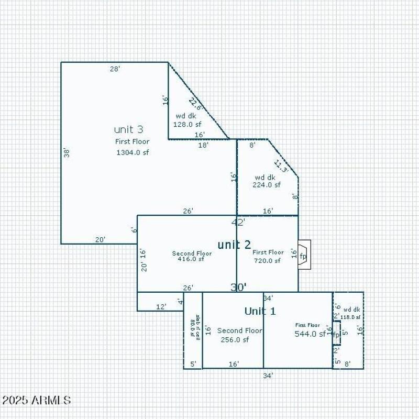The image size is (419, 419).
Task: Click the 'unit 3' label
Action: (128, 129)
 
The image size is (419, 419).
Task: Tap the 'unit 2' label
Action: (234, 245)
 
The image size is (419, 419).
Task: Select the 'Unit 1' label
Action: (260, 311)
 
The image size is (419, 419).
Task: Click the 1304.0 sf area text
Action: (133, 152)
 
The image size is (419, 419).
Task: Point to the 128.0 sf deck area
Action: (187, 125)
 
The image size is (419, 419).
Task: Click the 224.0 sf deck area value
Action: (267, 185)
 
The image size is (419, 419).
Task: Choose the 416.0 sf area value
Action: (191, 259)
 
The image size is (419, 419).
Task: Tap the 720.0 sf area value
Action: (267, 260)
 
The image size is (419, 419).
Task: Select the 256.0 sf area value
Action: (235, 339)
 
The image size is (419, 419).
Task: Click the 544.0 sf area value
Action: (310, 334)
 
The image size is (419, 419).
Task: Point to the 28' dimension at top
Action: (115, 69)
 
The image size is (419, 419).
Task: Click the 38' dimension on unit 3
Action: (67, 153)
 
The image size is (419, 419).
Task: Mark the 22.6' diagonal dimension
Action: (195, 104)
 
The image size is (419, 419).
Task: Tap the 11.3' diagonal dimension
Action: (281, 166)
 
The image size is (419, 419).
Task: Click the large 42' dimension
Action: (238, 222)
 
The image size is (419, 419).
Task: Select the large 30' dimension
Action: (239, 287)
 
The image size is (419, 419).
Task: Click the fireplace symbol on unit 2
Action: (304, 255)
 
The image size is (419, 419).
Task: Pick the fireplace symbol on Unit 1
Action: (336, 334)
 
